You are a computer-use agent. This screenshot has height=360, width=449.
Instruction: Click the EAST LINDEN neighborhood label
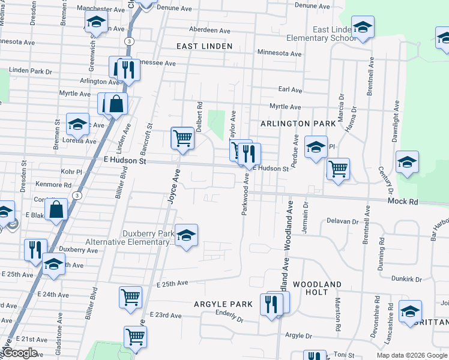click(204, 46)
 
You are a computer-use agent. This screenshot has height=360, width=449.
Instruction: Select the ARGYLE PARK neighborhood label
click(223, 304)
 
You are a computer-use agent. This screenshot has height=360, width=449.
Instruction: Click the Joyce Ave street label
click(173, 187)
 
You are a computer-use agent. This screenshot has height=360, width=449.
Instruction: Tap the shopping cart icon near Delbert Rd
click(182, 137)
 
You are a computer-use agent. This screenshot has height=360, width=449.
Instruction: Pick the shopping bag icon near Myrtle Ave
click(116, 104)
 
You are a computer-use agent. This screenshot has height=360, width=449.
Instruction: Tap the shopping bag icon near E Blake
click(56, 209)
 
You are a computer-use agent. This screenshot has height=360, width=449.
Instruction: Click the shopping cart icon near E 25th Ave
click(131, 296)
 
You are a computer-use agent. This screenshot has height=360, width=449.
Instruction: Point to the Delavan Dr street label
click(343, 221)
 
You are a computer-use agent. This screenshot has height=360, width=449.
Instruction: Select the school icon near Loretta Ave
click(77, 124)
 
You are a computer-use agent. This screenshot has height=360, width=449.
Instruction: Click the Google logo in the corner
click(20, 353)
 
